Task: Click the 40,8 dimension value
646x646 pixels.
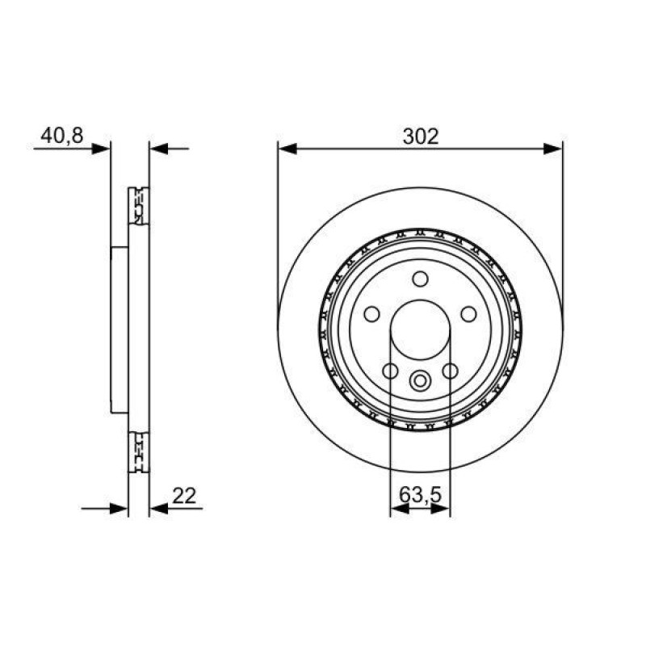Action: [x=62, y=136]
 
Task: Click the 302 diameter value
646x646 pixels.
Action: [x=421, y=136]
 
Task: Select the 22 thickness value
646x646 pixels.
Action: [x=184, y=496]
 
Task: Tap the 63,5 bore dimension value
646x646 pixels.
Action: [x=420, y=495]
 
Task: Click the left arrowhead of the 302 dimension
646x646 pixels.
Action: [x=287, y=149]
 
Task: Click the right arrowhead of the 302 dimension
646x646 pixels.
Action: [x=553, y=149]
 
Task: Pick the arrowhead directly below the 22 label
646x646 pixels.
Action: [x=159, y=509]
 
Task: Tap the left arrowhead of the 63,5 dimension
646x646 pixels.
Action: [x=400, y=509]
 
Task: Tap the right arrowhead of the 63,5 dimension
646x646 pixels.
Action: [x=440, y=509]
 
